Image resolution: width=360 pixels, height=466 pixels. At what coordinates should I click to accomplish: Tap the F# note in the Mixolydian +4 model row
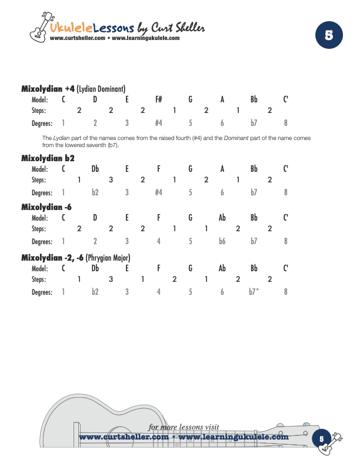click(159, 99)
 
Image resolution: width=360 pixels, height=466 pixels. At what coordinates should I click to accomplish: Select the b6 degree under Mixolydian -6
click(222, 241)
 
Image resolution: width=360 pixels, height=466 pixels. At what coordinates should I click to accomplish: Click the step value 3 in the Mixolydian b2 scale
click(111, 179)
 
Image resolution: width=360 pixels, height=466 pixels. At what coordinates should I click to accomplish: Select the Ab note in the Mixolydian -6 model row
click(222, 218)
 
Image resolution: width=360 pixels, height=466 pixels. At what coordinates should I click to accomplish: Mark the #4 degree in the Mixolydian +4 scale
click(158, 123)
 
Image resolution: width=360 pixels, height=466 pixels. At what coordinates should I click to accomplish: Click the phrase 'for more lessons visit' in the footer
click(184, 427)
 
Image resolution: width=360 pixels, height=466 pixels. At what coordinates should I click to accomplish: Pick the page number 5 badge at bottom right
click(322, 438)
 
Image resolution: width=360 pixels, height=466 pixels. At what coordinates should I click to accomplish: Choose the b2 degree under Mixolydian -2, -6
click(95, 292)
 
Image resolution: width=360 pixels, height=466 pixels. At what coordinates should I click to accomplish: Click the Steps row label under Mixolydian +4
click(39, 110)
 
